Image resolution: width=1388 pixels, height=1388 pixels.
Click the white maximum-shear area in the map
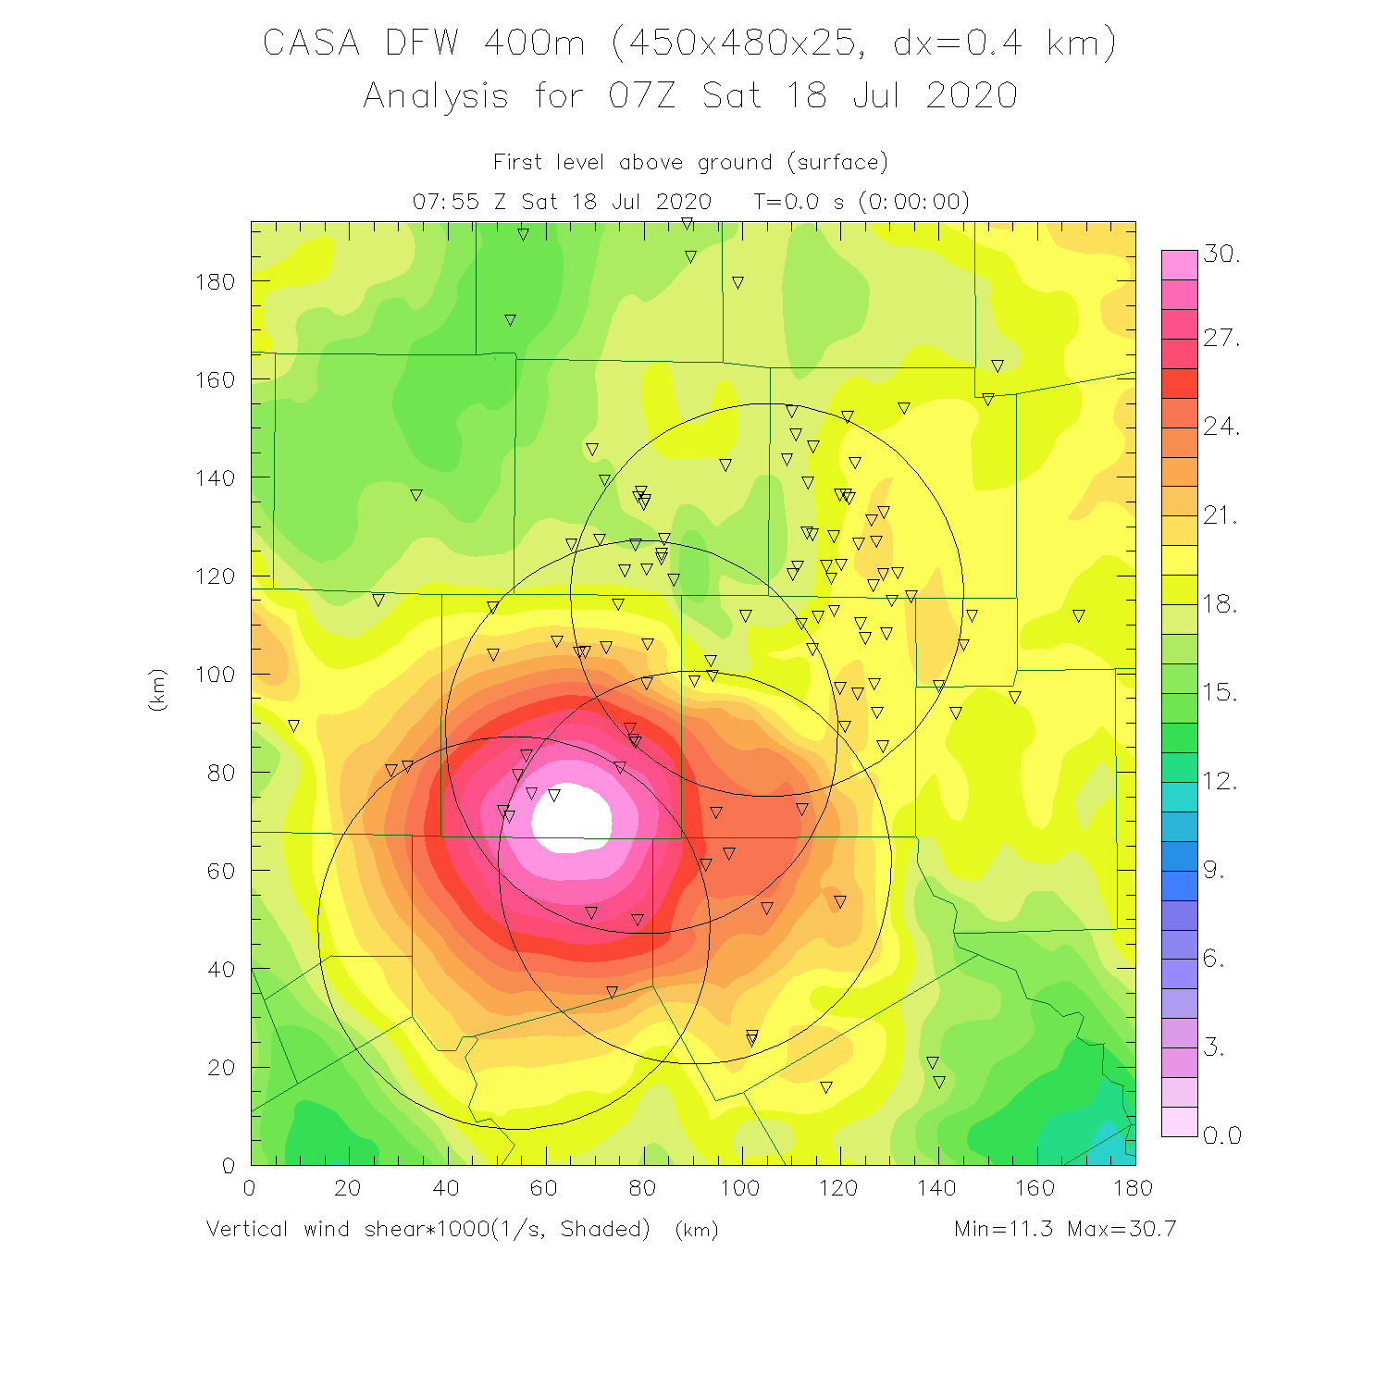click(x=572, y=818)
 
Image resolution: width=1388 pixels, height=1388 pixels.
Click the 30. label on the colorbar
click(x=1221, y=254)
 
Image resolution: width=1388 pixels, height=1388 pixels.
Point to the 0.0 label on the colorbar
click(x=1221, y=1135)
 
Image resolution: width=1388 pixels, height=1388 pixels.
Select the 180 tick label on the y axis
click(x=215, y=281)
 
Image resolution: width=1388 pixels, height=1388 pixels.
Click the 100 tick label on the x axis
click(x=740, y=1188)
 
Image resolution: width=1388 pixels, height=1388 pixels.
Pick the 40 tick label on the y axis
click(x=221, y=970)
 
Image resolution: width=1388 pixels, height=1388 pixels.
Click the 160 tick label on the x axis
click(x=1035, y=1188)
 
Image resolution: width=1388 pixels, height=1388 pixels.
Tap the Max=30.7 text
click(x=1122, y=1229)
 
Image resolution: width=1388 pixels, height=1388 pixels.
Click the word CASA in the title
click(x=311, y=43)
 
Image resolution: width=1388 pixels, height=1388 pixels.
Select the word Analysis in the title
click(x=436, y=96)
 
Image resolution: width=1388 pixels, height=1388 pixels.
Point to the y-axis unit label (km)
click(x=157, y=689)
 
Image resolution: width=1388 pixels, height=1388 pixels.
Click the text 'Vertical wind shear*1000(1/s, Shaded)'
click(x=428, y=1229)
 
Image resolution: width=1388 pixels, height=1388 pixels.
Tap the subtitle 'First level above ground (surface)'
click(x=690, y=163)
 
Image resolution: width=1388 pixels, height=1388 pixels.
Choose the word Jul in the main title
click(x=875, y=96)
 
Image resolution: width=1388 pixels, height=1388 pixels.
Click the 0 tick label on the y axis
click(x=228, y=1166)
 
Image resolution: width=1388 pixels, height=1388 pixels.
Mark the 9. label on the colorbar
click(x=1214, y=871)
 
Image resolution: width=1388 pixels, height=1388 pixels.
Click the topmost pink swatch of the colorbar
click(x=1179, y=265)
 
